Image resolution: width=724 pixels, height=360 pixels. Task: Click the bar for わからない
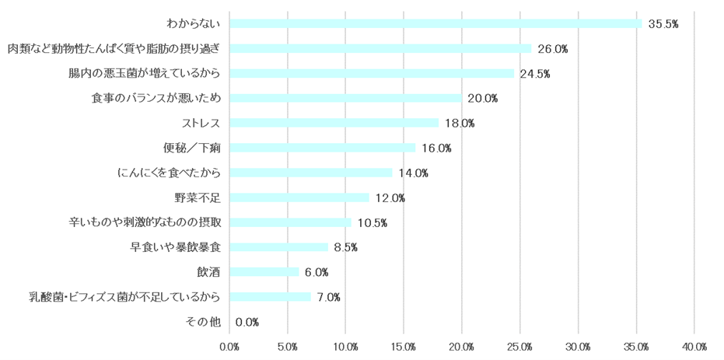coord(435,23)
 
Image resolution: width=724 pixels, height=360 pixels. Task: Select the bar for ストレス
coord(334,123)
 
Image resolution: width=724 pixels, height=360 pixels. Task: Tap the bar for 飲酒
coord(264,272)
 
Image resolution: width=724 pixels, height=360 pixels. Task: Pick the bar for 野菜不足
coord(299,197)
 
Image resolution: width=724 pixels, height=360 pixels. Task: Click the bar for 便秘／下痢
coord(323,148)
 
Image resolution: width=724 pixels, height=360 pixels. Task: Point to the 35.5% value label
coord(663,24)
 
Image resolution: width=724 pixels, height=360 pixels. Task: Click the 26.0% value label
coord(552,49)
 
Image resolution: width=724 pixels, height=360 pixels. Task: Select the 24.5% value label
coord(535,74)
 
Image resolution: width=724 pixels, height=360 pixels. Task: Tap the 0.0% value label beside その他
coord(247,322)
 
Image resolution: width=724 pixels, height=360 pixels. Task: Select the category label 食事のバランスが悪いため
coord(156,98)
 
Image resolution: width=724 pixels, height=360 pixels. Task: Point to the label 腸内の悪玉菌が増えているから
coord(145,73)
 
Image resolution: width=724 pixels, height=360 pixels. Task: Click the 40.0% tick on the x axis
coord(694,346)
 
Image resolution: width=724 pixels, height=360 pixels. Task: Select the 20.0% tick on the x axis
coord(462,346)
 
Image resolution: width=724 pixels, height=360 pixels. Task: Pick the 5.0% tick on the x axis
coord(288,346)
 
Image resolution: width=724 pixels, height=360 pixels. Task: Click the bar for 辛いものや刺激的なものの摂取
coord(291,222)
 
